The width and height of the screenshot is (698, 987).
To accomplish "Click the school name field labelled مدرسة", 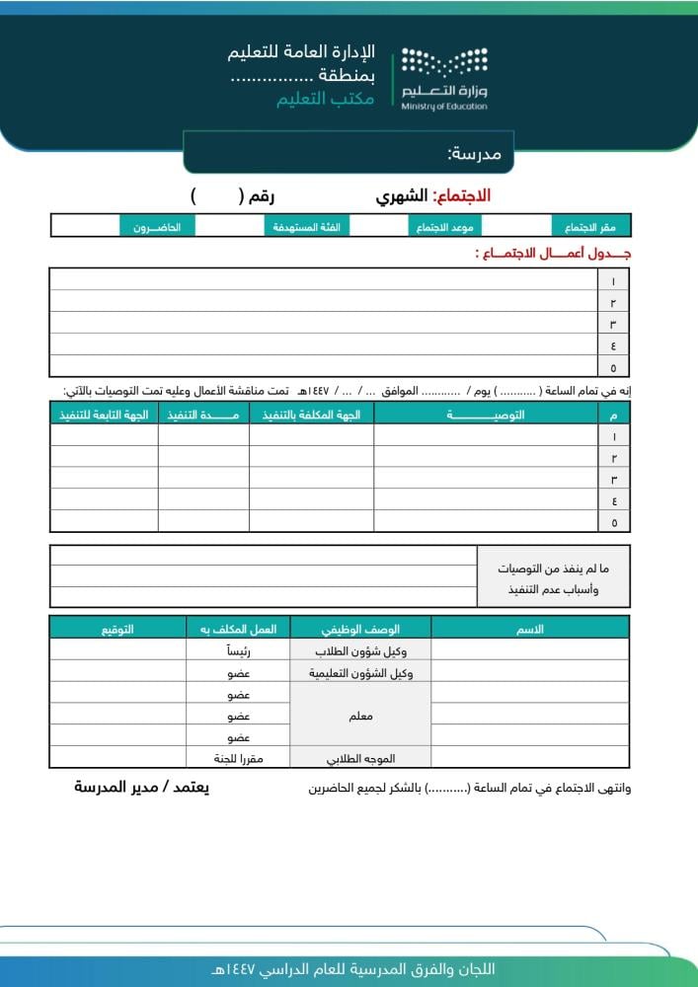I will pyautogui.click(x=474, y=153).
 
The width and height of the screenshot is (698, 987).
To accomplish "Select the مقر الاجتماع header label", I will pyautogui.click(x=590, y=226).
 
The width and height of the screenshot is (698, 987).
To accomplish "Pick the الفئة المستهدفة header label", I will pyautogui.click(x=307, y=226).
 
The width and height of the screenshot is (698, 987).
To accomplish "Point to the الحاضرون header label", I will pyautogui.click(x=157, y=226).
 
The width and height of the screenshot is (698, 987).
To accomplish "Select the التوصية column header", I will pyautogui.click(x=486, y=415).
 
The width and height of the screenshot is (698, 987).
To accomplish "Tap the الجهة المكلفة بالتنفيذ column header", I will pyautogui.click(x=311, y=415).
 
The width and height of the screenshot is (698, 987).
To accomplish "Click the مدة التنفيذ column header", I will pyautogui.click(x=203, y=415).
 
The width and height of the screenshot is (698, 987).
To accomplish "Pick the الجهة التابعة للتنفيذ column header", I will pyautogui.click(x=104, y=415).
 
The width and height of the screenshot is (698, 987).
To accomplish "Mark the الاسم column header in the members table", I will pyautogui.click(x=530, y=628).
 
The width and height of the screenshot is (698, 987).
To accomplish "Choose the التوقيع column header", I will pyautogui.click(x=117, y=628).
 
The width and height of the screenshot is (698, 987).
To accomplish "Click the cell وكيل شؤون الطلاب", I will pyautogui.click(x=360, y=650).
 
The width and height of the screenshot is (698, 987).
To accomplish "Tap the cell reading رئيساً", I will pyautogui.click(x=238, y=650).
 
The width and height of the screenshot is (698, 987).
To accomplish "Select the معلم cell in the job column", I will pyautogui.click(x=360, y=716).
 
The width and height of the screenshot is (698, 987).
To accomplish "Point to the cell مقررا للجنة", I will pyautogui.click(x=238, y=758).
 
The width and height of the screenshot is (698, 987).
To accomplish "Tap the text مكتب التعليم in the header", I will pyautogui.click(x=325, y=99).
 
